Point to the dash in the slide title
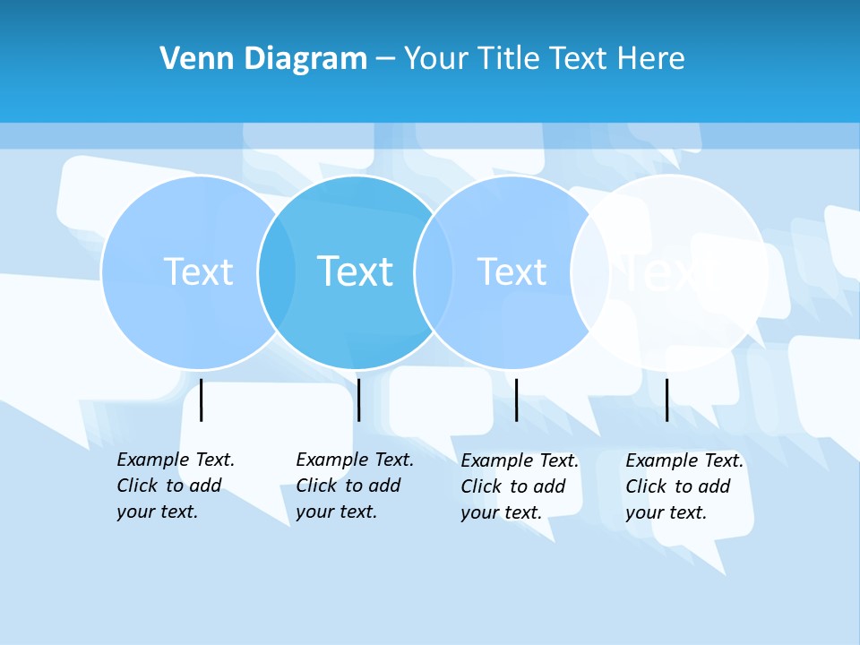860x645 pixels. pyautogui.click(x=385, y=59)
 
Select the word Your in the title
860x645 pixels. pyautogui.click(x=438, y=59)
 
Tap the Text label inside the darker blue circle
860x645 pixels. pyautogui.click(x=356, y=271)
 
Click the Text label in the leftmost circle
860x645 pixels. pyautogui.click(x=198, y=271)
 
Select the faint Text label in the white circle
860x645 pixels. pyautogui.click(x=667, y=271)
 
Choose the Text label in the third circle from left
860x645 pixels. pyautogui.click(x=512, y=271)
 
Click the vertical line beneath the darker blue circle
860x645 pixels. pyautogui.click(x=358, y=400)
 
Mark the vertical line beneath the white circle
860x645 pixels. pyautogui.click(x=666, y=400)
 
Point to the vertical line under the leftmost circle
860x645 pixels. pyautogui.click(x=202, y=400)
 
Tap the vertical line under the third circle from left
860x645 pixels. pyautogui.click(x=516, y=400)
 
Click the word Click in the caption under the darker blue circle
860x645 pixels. pyautogui.click(x=316, y=486)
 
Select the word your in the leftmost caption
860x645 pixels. pyautogui.click(x=134, y=512)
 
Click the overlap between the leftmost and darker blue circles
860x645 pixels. pyautogui.click(x=277, y=271)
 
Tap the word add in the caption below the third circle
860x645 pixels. pyautogui.click(x=547, y=486)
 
